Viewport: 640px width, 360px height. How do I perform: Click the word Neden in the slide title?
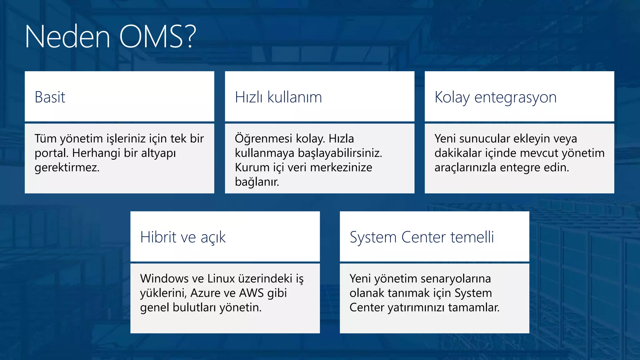pyautogui.click(x=67, y=37)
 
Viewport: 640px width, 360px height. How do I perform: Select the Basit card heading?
pyautogui.click(x=50, y=97)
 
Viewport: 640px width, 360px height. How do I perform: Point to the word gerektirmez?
pyautogui.click(x=67, y=167)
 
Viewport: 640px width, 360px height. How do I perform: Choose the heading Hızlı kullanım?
pyautogui.click(x=278, y=97)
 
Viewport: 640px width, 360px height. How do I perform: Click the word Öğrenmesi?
pyautogui.click(x=263, y=138)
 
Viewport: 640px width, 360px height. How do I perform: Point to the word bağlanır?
pyautogui.click(x=257, y=182)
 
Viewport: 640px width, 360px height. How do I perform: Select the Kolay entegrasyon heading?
pyautogui.click(x=495, y=97)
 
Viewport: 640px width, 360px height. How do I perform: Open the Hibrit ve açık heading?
pyautogui.click(x=183, y=237)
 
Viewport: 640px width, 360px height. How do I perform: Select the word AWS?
pyautogui.click(x=251, y=293)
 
